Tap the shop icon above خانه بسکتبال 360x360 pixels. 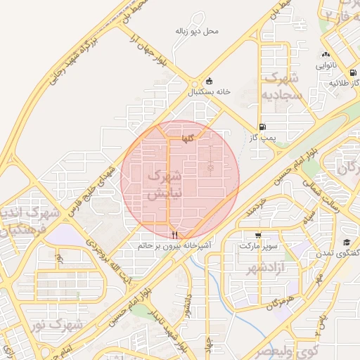(210, 81)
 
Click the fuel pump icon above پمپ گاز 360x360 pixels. (263, 127)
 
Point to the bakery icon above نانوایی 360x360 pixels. (326, 54)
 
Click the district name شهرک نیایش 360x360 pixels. (166, 184)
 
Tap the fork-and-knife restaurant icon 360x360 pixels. (174, 235)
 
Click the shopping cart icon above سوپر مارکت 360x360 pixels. (258, 236)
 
